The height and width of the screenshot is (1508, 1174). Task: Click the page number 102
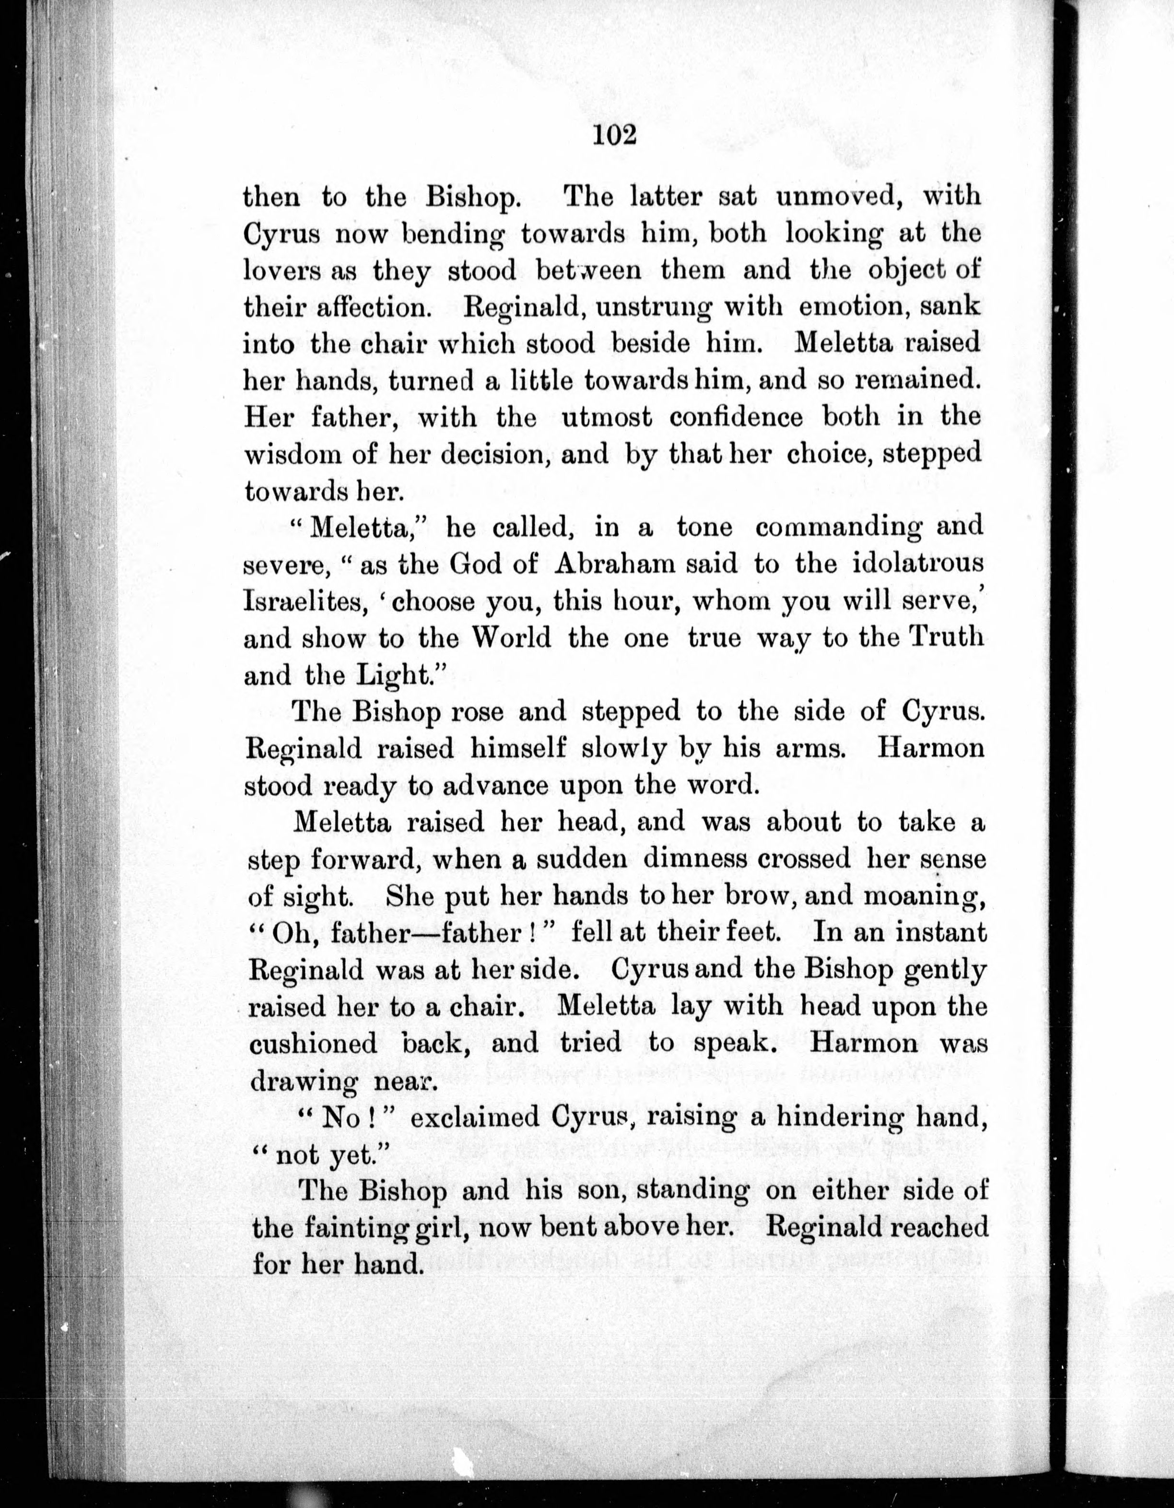point(613,135)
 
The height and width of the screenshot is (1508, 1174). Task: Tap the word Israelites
point(304,601)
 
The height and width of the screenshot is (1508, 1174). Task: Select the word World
point(511,637)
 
